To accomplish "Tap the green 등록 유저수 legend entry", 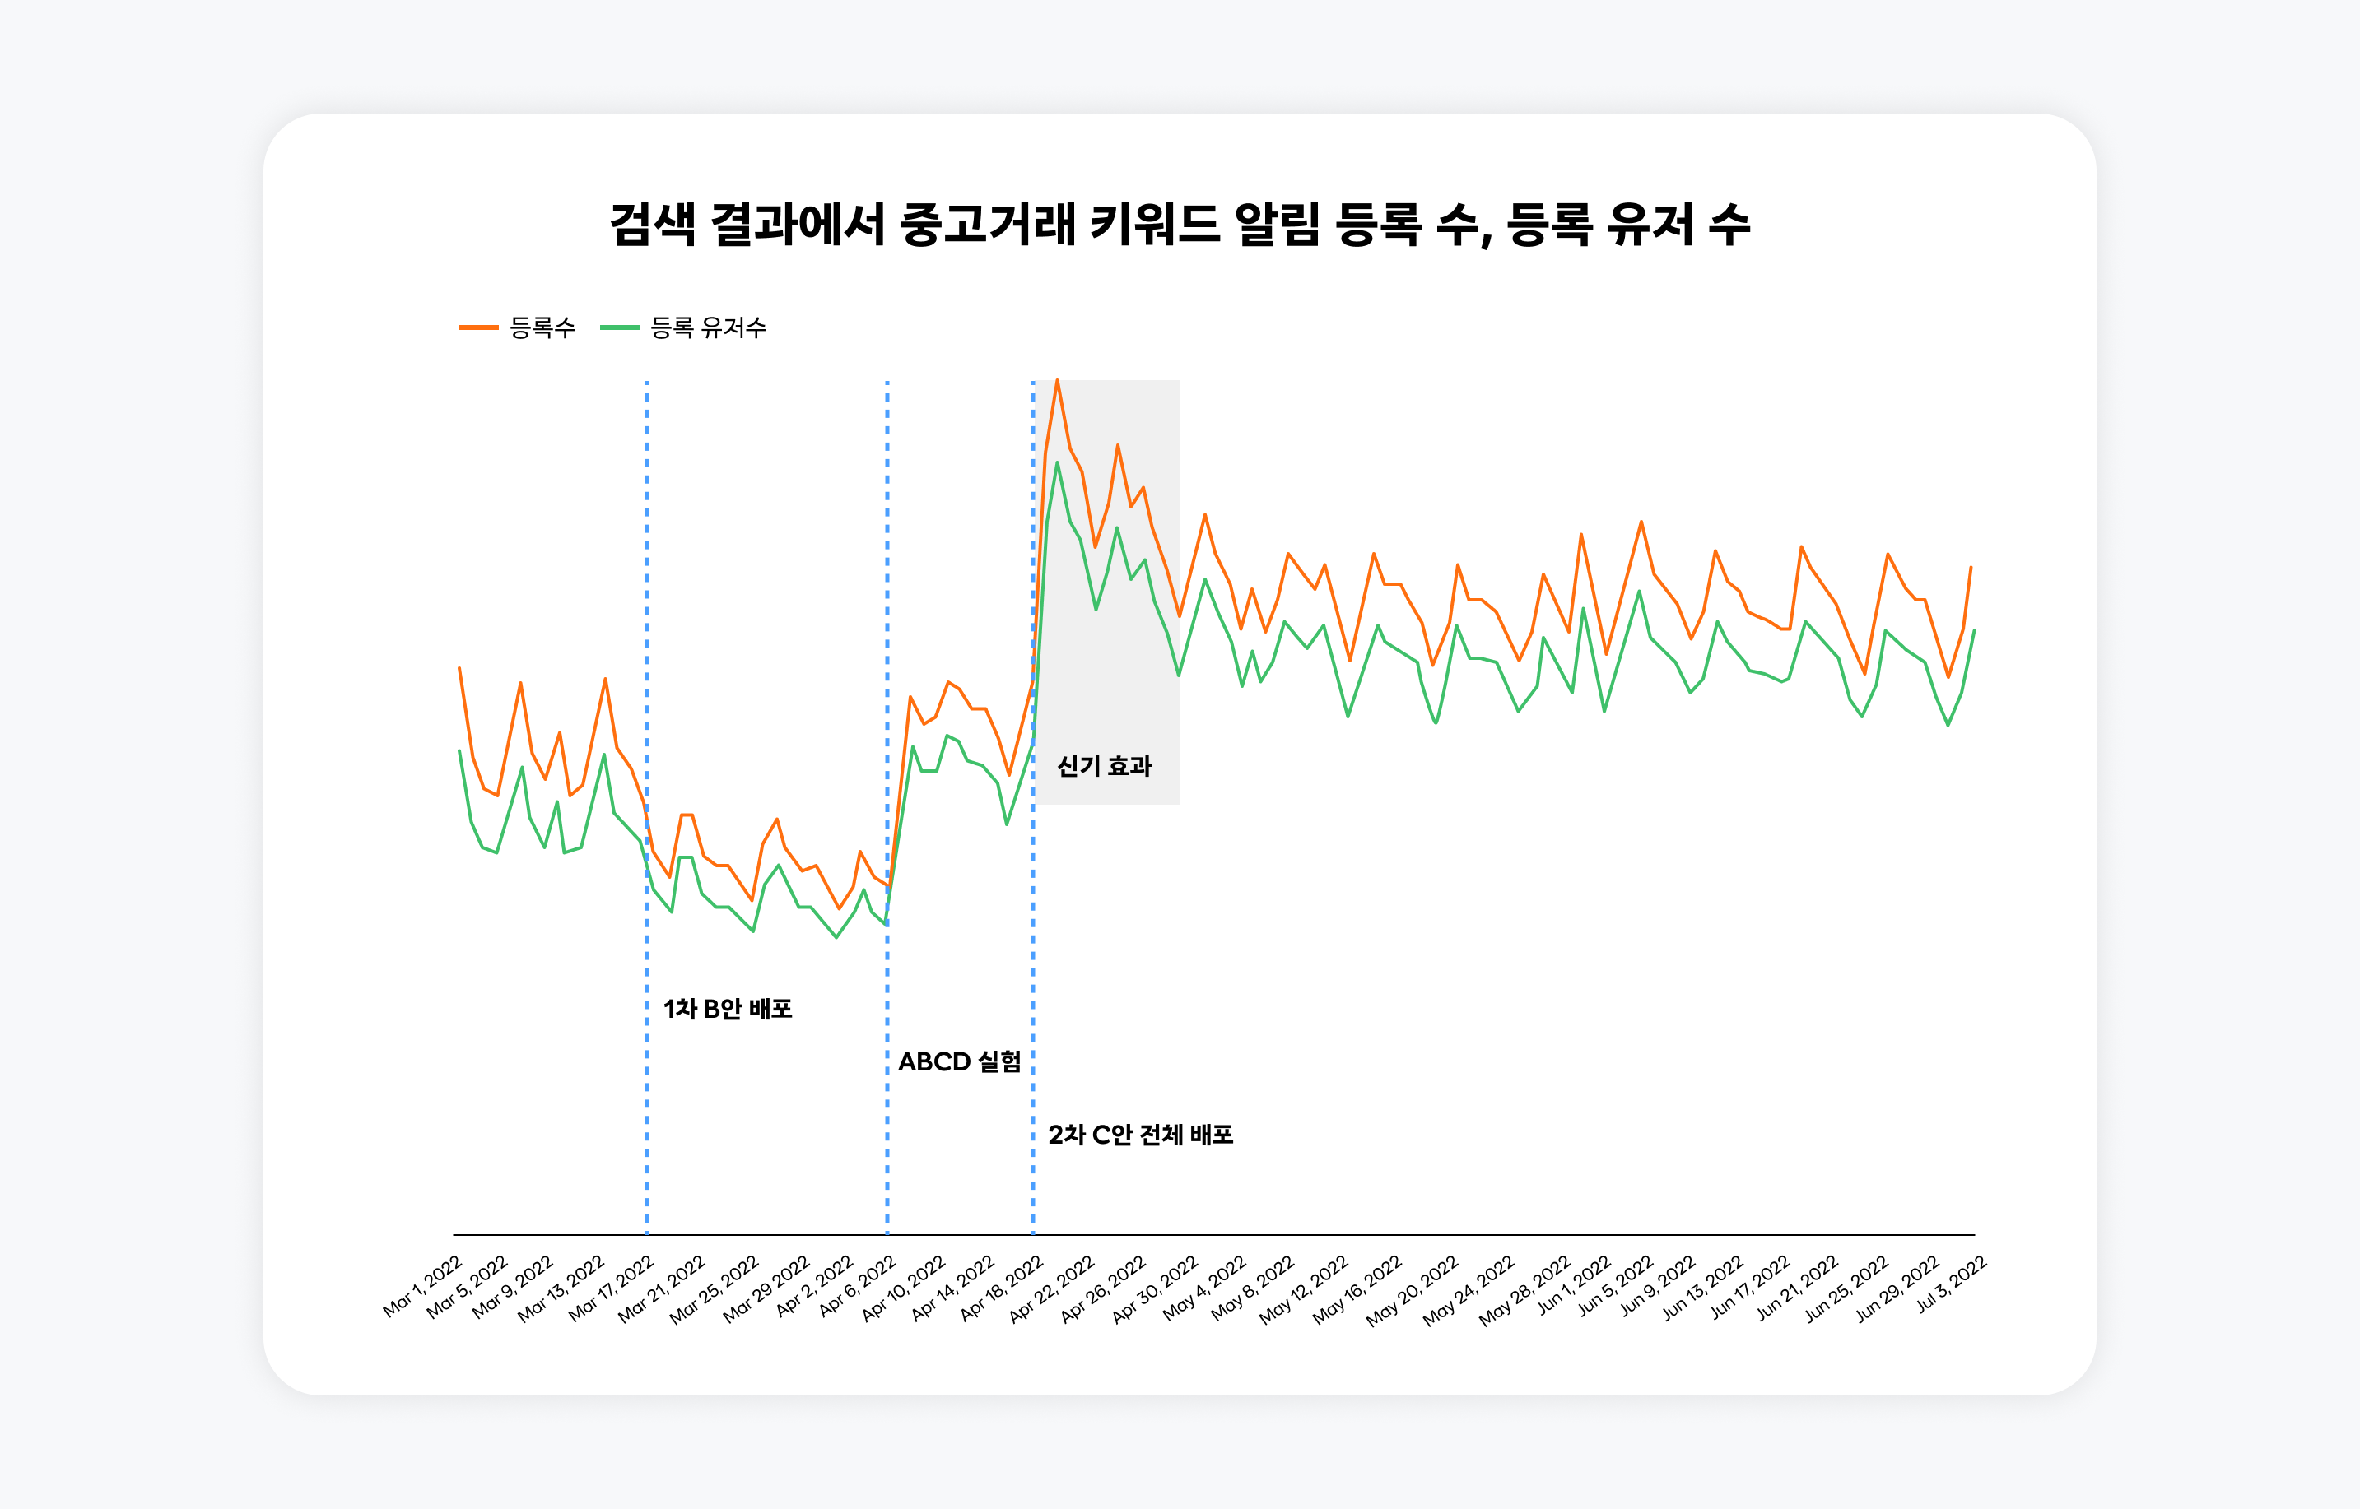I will click(x=684, y=327).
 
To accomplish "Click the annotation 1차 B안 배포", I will click(x=727, y=1008).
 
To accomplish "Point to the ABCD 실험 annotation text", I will click(x=960, y=1061).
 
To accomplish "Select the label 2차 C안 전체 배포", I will click(x=1140, y=1135).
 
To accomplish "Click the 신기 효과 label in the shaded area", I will click(x=1104, y=766).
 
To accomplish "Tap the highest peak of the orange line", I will click(x=1056, y=380).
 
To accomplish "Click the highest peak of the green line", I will click(x=1056, y=462).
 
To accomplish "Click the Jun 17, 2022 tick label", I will click(x=1750, y=1288).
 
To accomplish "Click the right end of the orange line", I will click(x=1971, y=568).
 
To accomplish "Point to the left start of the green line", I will click(x=459, y=751).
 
